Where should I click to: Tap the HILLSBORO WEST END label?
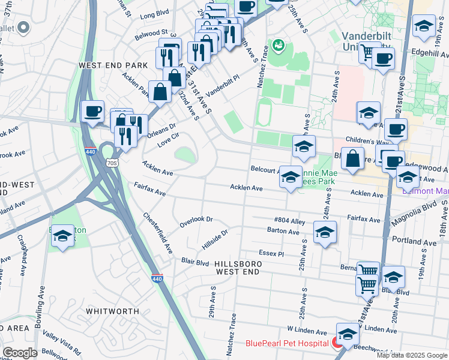pos(238,268)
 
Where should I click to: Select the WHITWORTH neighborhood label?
pos(112,311)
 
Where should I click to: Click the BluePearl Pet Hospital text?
pos(287,344)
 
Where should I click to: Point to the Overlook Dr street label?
pos(196,222)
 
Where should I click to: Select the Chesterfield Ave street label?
pos(157,232)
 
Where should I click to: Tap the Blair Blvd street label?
pos(195,262)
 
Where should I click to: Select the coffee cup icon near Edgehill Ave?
pos(383,59)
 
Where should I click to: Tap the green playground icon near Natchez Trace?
pos(278,44)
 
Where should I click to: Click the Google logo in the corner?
pos(20,353)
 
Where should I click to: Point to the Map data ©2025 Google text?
pos(411,355)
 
